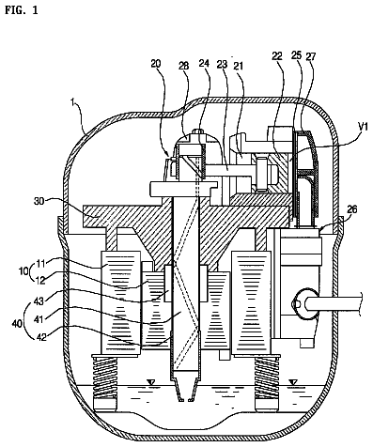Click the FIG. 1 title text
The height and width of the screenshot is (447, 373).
[22, 10]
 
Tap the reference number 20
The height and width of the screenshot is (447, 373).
[156, 64]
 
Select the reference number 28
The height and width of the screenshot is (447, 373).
[184, 66]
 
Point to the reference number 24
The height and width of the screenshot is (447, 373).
[204, 63]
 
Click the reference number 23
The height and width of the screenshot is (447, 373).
[222, 64]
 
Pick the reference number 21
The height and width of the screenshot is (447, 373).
[238, 66]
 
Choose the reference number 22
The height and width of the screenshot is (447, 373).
[277, 56]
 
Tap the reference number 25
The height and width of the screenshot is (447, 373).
[296, 55]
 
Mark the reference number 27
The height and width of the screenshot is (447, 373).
[311, 56]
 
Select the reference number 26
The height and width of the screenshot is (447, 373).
[352, 209]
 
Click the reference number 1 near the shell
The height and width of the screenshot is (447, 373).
[72, 103]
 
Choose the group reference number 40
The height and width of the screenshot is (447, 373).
[18, 323]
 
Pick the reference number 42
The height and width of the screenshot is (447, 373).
[41, 337]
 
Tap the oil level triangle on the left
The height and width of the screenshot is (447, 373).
[151, 382]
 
